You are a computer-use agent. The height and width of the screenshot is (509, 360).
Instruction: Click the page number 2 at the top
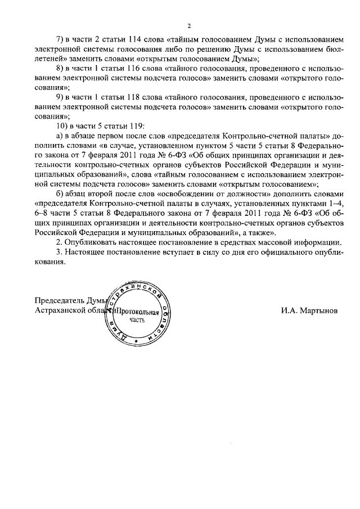click(189, 26)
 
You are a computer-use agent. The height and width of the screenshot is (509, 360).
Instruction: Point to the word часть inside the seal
click(137, 319)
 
